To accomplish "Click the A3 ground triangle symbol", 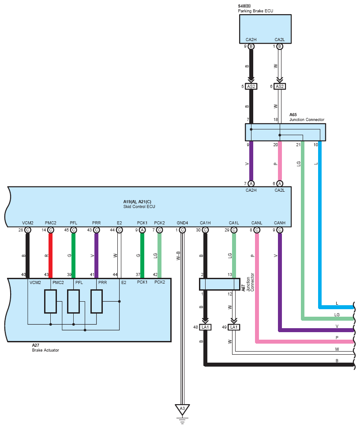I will click(182, 409).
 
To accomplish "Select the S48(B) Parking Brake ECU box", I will click(265, 28).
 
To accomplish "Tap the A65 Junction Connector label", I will click(307, 117).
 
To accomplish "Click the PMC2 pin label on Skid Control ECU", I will click(51, 223).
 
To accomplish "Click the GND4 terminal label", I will click(182, 223).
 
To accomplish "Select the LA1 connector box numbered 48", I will click(205, 327).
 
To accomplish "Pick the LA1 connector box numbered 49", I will click(233, 327).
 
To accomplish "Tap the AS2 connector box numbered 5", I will click(251, 86).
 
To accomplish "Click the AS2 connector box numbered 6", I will click(279, 86).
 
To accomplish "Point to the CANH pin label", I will click(279, 223).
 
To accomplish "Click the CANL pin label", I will click(256, 223).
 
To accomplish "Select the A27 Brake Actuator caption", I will click(45, 347).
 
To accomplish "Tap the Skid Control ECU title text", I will click(139, 207).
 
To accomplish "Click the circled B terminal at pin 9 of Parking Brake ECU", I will click(251, 46).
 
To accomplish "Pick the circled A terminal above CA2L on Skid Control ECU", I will click(279, 183).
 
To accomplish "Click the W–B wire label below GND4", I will click(179, 256).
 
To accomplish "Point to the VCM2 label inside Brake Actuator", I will click(35, 282).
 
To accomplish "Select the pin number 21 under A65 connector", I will click(298, 144).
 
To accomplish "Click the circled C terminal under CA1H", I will click(205, 230).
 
